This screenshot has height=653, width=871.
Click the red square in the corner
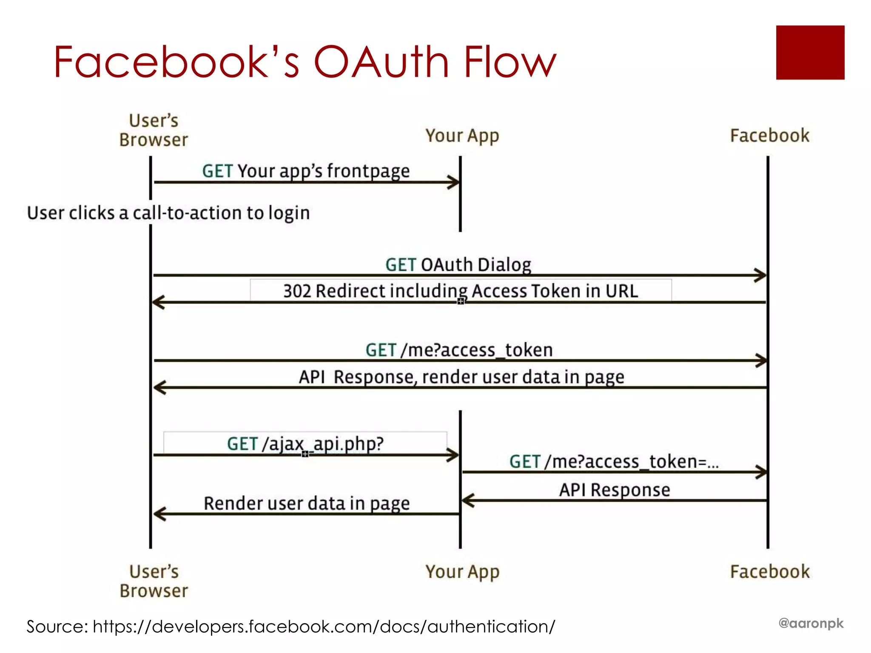pos(810,52)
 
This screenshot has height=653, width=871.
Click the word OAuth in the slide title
pos(381,62)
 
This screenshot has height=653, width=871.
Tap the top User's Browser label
pos(154,130)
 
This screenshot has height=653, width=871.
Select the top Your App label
pos(462,136)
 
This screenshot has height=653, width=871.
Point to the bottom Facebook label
pos(770,571)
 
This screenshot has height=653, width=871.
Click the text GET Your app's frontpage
pos(306,171)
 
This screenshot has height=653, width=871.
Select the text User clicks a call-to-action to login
pos(168,213)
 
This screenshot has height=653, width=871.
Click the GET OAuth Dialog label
pos(458,265)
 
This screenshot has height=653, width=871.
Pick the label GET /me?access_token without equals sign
pos(459,350)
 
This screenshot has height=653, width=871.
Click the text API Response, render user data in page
pos(461,377)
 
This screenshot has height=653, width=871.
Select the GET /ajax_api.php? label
pos(305,444)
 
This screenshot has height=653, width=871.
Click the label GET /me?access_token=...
pos(614,462)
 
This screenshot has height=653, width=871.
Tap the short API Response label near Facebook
pos(614,490)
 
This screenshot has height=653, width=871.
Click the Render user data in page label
pos(306,503)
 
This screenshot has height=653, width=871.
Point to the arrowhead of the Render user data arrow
pos(158,514)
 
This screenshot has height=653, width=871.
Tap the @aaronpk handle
pos(811,623)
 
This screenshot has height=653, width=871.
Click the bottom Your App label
pos(462,572)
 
